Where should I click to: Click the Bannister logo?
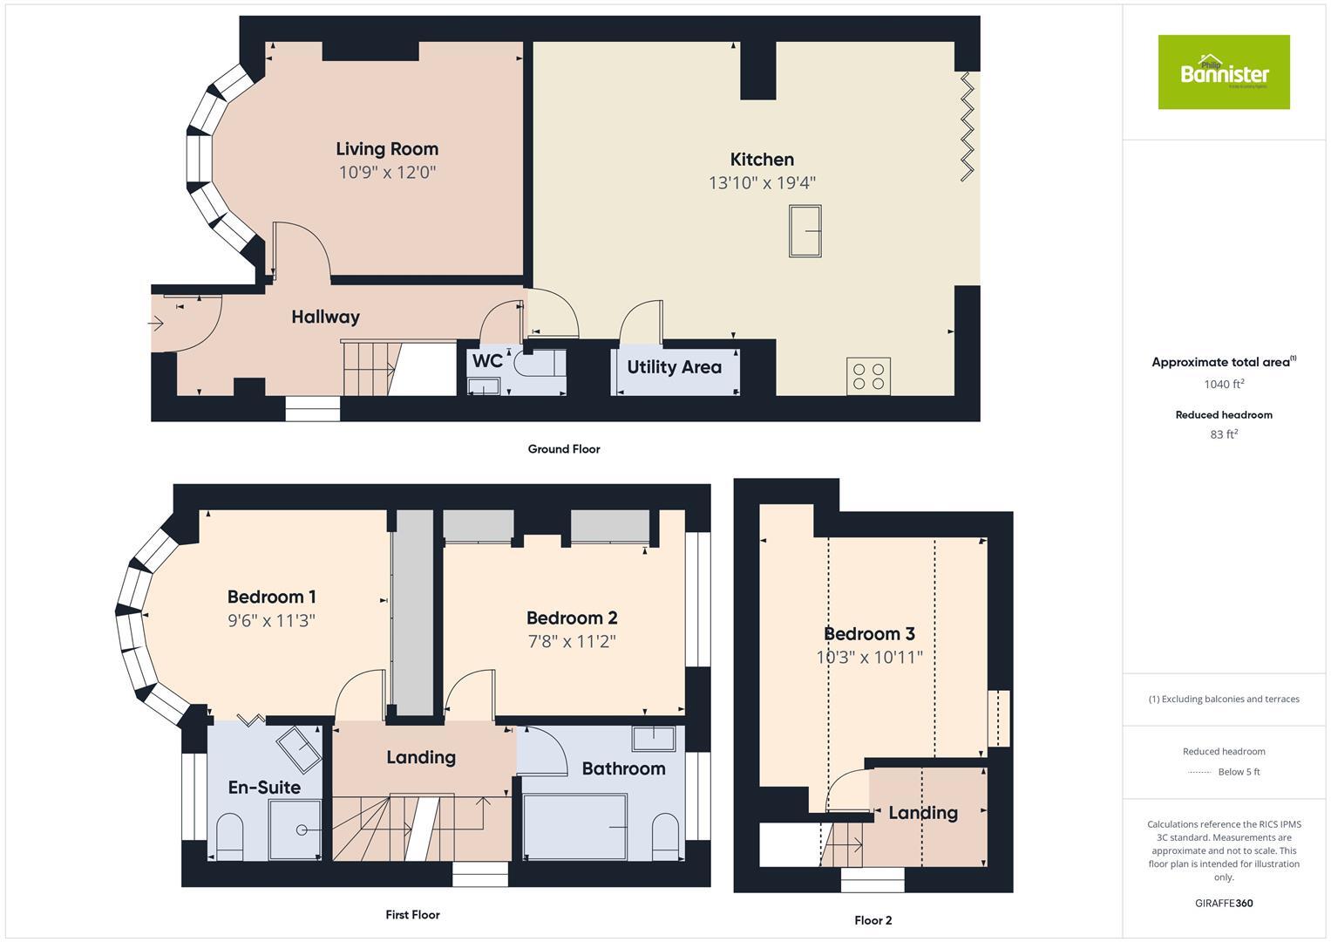1223,72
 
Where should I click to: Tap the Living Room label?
387,149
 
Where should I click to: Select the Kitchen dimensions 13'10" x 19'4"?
762,183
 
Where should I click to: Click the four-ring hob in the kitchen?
868,376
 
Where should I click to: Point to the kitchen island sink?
805,231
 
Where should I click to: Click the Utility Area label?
674,367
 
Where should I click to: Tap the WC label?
487,360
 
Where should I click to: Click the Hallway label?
325,317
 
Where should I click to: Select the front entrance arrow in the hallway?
156,324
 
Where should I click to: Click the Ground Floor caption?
564,449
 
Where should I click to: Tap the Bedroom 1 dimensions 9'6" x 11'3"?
271,621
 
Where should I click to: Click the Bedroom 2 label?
572,618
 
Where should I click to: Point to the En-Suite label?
264,788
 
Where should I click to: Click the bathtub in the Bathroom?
574,826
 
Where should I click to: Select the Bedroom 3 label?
869,634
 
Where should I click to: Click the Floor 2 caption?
873,920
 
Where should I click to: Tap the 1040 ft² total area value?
1223,385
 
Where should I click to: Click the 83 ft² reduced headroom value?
1223,434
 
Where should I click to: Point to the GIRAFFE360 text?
1223,904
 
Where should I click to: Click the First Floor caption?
412,915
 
